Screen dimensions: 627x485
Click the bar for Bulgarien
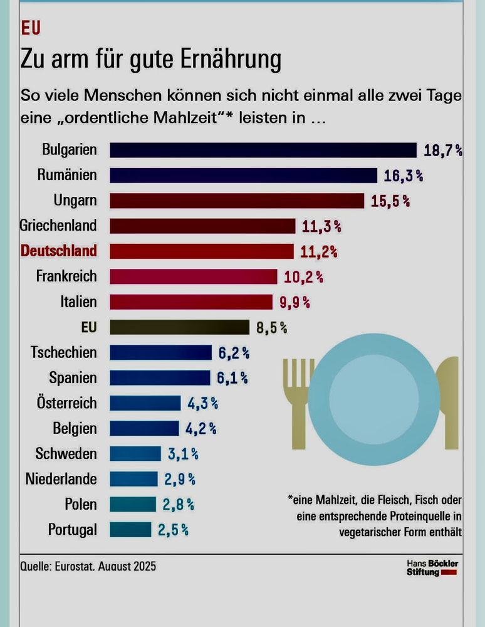[263, 150]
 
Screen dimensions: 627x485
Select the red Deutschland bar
[201, 251]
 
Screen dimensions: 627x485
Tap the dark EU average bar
[179, 327]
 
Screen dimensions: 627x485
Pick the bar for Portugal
[130, 529]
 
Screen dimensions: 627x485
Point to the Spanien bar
[160, 377]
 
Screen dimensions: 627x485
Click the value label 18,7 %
[443, 150]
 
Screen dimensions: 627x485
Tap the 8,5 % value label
[271, 327]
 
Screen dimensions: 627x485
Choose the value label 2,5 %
[173, 530]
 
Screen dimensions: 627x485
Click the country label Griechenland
[58, 226]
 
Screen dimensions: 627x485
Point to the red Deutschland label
[59, 251]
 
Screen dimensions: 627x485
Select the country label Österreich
[66, 403]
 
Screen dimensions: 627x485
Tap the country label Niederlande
[61, 479]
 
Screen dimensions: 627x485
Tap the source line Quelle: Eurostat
[88, 566]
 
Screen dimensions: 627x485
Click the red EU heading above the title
[31, 29]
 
